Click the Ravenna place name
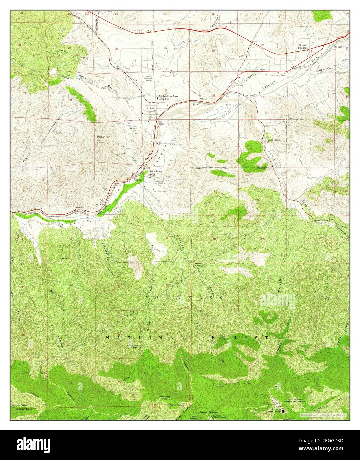(80, 207)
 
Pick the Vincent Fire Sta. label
(304, 46)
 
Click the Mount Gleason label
(208, 412)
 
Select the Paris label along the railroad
(195, 104)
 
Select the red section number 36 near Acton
(165, 90)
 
